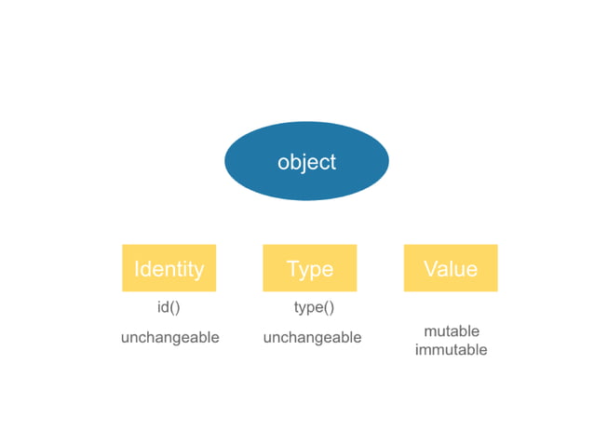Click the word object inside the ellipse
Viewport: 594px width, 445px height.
point(306,162)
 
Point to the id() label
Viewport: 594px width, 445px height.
point(169,307)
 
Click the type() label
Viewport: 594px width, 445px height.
point(314,307)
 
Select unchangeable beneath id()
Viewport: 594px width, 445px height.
point(169,337)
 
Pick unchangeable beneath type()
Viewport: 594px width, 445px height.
point(312,337)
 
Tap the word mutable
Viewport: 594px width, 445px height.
point(452,331)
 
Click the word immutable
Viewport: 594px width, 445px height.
point(451,350)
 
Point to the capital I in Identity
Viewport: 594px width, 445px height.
point(137,269)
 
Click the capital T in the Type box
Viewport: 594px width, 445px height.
point(293,269)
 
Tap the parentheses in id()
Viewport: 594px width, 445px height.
point(175,307)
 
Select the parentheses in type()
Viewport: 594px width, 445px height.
point(327,307)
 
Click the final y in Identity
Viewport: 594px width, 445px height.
point(197,272)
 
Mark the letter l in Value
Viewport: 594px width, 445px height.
point(453,268)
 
